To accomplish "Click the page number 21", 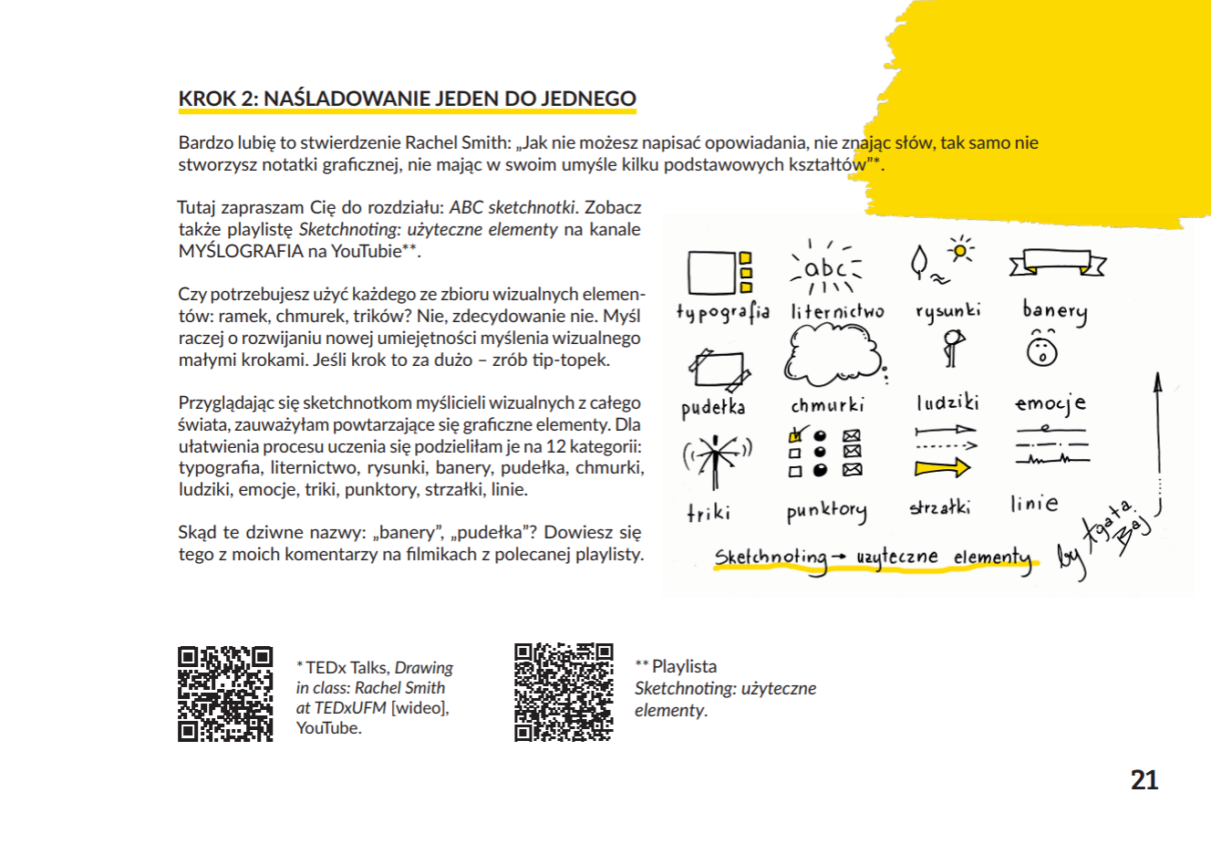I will [x=1144, y=780].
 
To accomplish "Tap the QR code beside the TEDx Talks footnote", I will [x=225, y=694].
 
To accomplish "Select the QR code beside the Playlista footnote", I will [x=564, y=692].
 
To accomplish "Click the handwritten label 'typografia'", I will [x=722, y=312].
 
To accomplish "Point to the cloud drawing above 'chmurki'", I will [x=832, y=357].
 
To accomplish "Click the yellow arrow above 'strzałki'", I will [x=942, y=468].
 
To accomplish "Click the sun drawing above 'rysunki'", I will [x=959, y=249].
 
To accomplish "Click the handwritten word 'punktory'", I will [x=826, y=511].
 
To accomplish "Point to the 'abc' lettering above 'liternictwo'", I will [x=826, y=268].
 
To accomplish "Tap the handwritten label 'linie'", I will [x=1034, y=503].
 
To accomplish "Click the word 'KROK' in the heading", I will [x=205, y=99].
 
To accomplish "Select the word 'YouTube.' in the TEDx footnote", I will [x=328, y=728].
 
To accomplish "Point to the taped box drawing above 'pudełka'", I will [x=719, y=369].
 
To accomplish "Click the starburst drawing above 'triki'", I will [x=718, y=456].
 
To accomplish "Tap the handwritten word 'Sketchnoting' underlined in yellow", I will [x=771, y=558].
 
